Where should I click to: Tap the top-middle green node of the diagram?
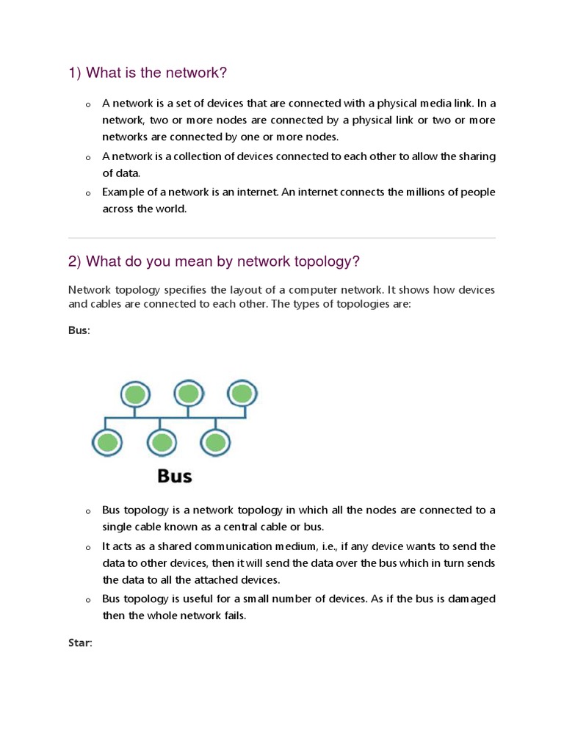[188, 394]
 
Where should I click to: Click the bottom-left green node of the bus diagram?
[107, 442]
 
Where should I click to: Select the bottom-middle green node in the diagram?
[162, 442]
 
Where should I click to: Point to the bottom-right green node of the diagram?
[214, 442]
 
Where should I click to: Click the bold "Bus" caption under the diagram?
[175, 476]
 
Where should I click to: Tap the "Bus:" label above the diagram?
[79, 331]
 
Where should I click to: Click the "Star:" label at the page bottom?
[80, 643]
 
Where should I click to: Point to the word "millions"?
[408, 192]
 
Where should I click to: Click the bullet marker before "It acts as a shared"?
[87, 548]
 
